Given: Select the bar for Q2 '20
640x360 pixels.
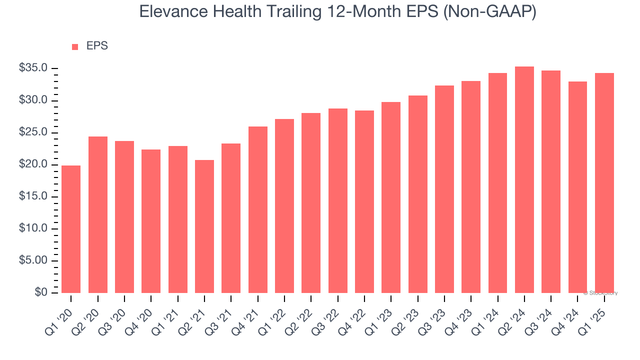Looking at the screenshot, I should click(x=98, y=214).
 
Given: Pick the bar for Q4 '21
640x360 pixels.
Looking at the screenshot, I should click(x=258, y=209).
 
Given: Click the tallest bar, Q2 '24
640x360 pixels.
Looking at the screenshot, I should click(x=524, y=179).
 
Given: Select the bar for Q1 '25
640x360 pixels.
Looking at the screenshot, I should click(x=604, y=183).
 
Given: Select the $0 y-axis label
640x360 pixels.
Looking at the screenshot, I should click(x=41, y=292).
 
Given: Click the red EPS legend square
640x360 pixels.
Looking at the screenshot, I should click(x=75, y=46).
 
